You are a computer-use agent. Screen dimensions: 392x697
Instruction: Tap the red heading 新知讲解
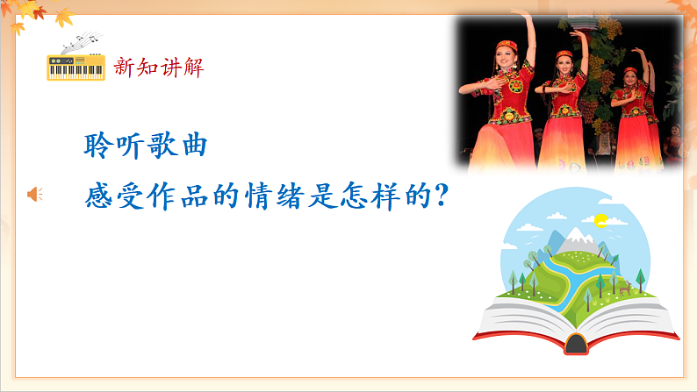(159, 67)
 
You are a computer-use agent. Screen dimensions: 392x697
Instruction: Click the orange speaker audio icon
(35, 194)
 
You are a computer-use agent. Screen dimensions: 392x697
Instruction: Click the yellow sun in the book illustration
(600, 218)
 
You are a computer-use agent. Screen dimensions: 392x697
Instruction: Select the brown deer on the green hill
(624, 289)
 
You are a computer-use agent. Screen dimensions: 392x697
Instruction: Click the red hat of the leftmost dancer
(506, 43)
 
